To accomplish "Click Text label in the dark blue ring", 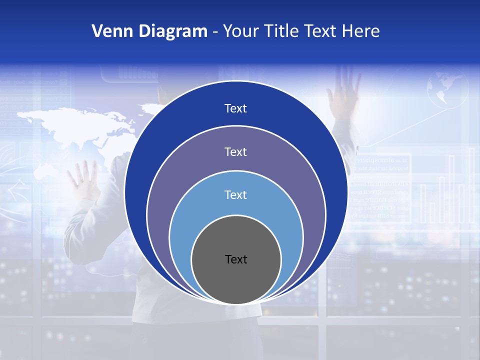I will (x=235, y=108).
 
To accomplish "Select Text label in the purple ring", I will (x=235, y=151).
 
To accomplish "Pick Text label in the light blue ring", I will (x=235, y=194).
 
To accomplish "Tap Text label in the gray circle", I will (x=236, y=259).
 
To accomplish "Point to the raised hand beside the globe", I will (x=344, y=92).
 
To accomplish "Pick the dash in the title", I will (x=215, y=32).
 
